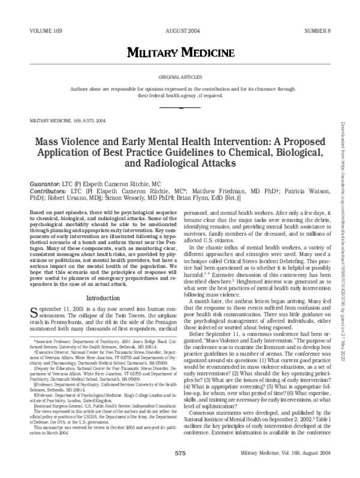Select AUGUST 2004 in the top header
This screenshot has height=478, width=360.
click(x=179, y=29)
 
